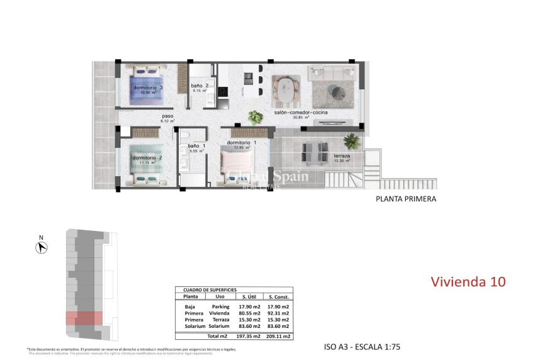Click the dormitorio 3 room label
(148, 87)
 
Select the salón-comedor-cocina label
(300, 113)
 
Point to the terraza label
(342, 155)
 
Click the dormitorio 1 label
(242, 142)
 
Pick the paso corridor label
(167, 116)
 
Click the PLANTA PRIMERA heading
(405, 199)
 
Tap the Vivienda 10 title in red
(468, 281)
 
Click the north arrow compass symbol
(42, 247)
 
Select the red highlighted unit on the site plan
(84, 318)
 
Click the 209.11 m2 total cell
(278, 337)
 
